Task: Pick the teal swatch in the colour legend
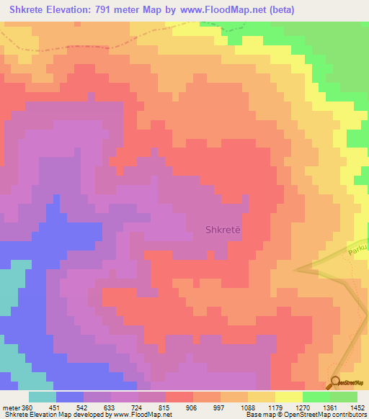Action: [43, 397]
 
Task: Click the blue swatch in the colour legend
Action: [70, 397]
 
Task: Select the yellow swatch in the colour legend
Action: [289, 397]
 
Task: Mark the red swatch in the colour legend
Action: [179, 397]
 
